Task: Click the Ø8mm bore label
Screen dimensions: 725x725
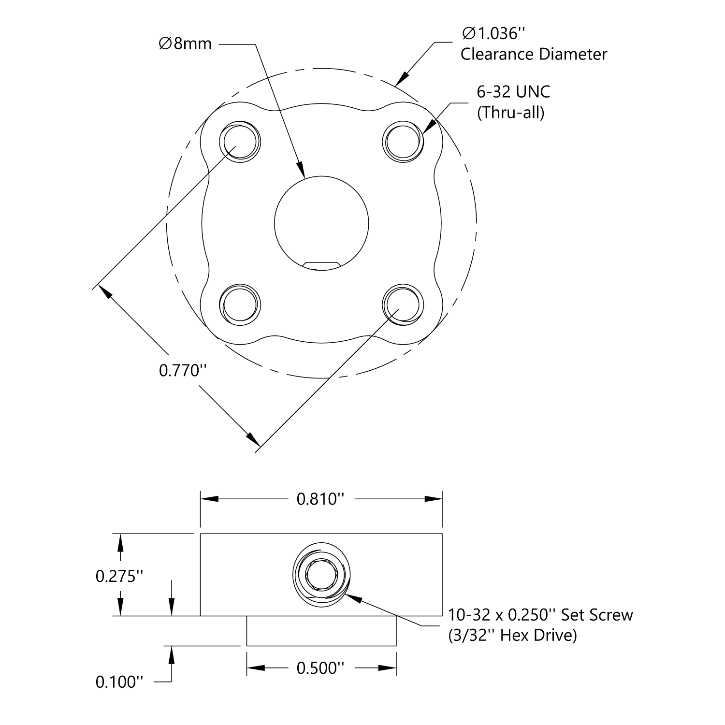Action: coord(185,44)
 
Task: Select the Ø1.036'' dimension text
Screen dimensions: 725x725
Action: coord(493,34)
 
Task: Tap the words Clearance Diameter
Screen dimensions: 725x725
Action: coord(534,54)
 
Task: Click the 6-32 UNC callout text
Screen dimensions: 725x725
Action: coord(513,92)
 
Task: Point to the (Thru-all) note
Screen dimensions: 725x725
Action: coord(510,113)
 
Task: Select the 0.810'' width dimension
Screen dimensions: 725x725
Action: coord(320,499)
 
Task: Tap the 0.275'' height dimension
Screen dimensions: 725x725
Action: coord(119,576)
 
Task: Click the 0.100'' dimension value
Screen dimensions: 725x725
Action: coord(119,682)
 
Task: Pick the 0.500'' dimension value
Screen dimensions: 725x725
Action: coord(320,668)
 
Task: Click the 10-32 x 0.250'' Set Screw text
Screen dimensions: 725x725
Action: coord(540,615)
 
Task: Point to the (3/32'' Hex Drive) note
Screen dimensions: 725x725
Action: coord(512,635)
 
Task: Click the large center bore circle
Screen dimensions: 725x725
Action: coord(321,222)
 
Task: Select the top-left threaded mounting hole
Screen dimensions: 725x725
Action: coord(240,141)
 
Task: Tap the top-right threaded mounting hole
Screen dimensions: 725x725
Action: coord(403,141)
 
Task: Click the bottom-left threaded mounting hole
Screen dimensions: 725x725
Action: coord(240,304)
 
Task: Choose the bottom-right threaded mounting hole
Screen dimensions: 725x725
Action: coord(403,304)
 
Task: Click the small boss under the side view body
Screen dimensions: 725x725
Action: coord(321,631)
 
